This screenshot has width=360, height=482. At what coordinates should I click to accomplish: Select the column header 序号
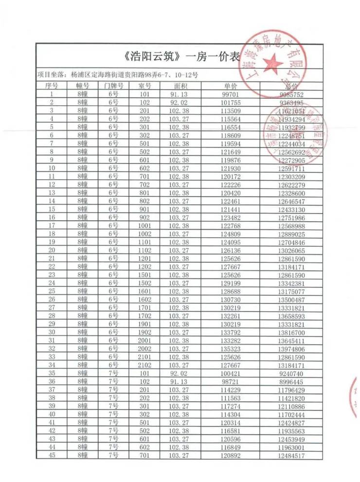click(x=52, y=86)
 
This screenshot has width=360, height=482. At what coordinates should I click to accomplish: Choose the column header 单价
click(x=230, y=86)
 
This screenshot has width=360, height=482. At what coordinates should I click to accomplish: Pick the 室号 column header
click(x=144, y=86)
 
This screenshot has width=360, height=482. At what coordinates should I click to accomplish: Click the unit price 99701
click(x=230, y=94)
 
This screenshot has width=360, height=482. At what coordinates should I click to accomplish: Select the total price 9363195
click(x=291, y=103)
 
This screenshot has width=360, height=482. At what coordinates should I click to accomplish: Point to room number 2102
click(x=144, y=364)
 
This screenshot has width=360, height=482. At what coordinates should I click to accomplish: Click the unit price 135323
click(x=230, y=348)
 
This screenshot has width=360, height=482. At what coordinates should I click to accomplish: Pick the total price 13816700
click(x=291, y=331)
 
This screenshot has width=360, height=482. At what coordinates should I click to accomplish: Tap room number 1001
click(x=144, y=225)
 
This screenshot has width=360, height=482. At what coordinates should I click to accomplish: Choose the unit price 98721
click(x=230, y=381)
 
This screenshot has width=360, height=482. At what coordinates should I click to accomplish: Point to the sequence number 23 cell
click(x=52, y=274)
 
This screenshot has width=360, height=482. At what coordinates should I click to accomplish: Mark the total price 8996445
click(x=291, y=381)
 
